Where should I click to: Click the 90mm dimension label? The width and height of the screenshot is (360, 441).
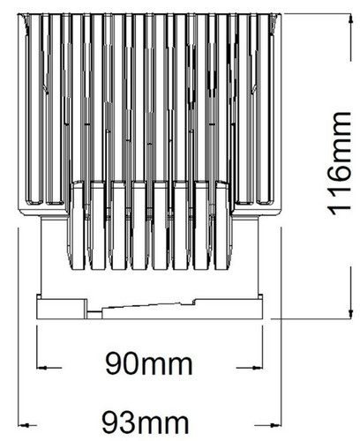(x=149, y=363)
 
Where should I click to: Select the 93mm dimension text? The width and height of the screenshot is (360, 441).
(x=146, y=422)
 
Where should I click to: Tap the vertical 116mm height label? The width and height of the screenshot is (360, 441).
(x=339, y=163)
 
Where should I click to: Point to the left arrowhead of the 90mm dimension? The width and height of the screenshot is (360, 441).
(x=41, y=368)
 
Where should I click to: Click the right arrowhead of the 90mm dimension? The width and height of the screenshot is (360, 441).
(x=258, y=368)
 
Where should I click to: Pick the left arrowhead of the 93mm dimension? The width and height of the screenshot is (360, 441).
(x=23, y=425)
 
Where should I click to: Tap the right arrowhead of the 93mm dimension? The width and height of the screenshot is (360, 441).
(x=277, y=425)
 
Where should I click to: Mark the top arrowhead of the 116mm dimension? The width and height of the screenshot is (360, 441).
(x=350, y=19)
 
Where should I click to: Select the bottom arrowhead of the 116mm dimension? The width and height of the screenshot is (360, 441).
(x=350, y=313)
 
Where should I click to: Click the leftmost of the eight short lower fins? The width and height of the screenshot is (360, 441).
(x=78, y=225)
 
